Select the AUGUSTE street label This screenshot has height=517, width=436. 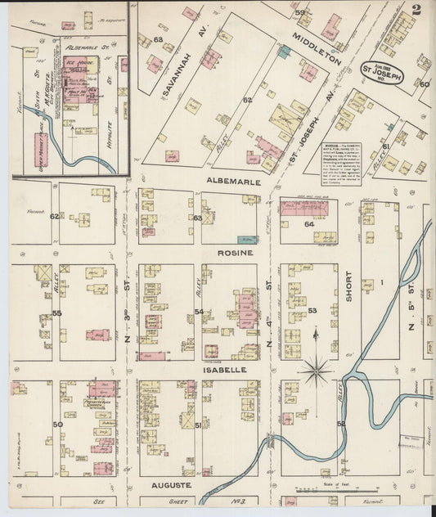click(x=172, y=485)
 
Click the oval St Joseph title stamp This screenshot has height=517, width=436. click(x=386, y=70)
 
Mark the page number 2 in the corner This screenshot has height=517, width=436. click(x=416, y=11)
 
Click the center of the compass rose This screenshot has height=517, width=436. click(x=315, y=371)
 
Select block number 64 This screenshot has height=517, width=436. click(x=308, y=223)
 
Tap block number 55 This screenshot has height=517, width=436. click(x=56, y=313)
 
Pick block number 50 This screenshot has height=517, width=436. click(x=57, y=425)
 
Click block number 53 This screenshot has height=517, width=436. click(x=312, y=311)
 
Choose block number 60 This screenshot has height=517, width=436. click(x=424, y=84)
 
